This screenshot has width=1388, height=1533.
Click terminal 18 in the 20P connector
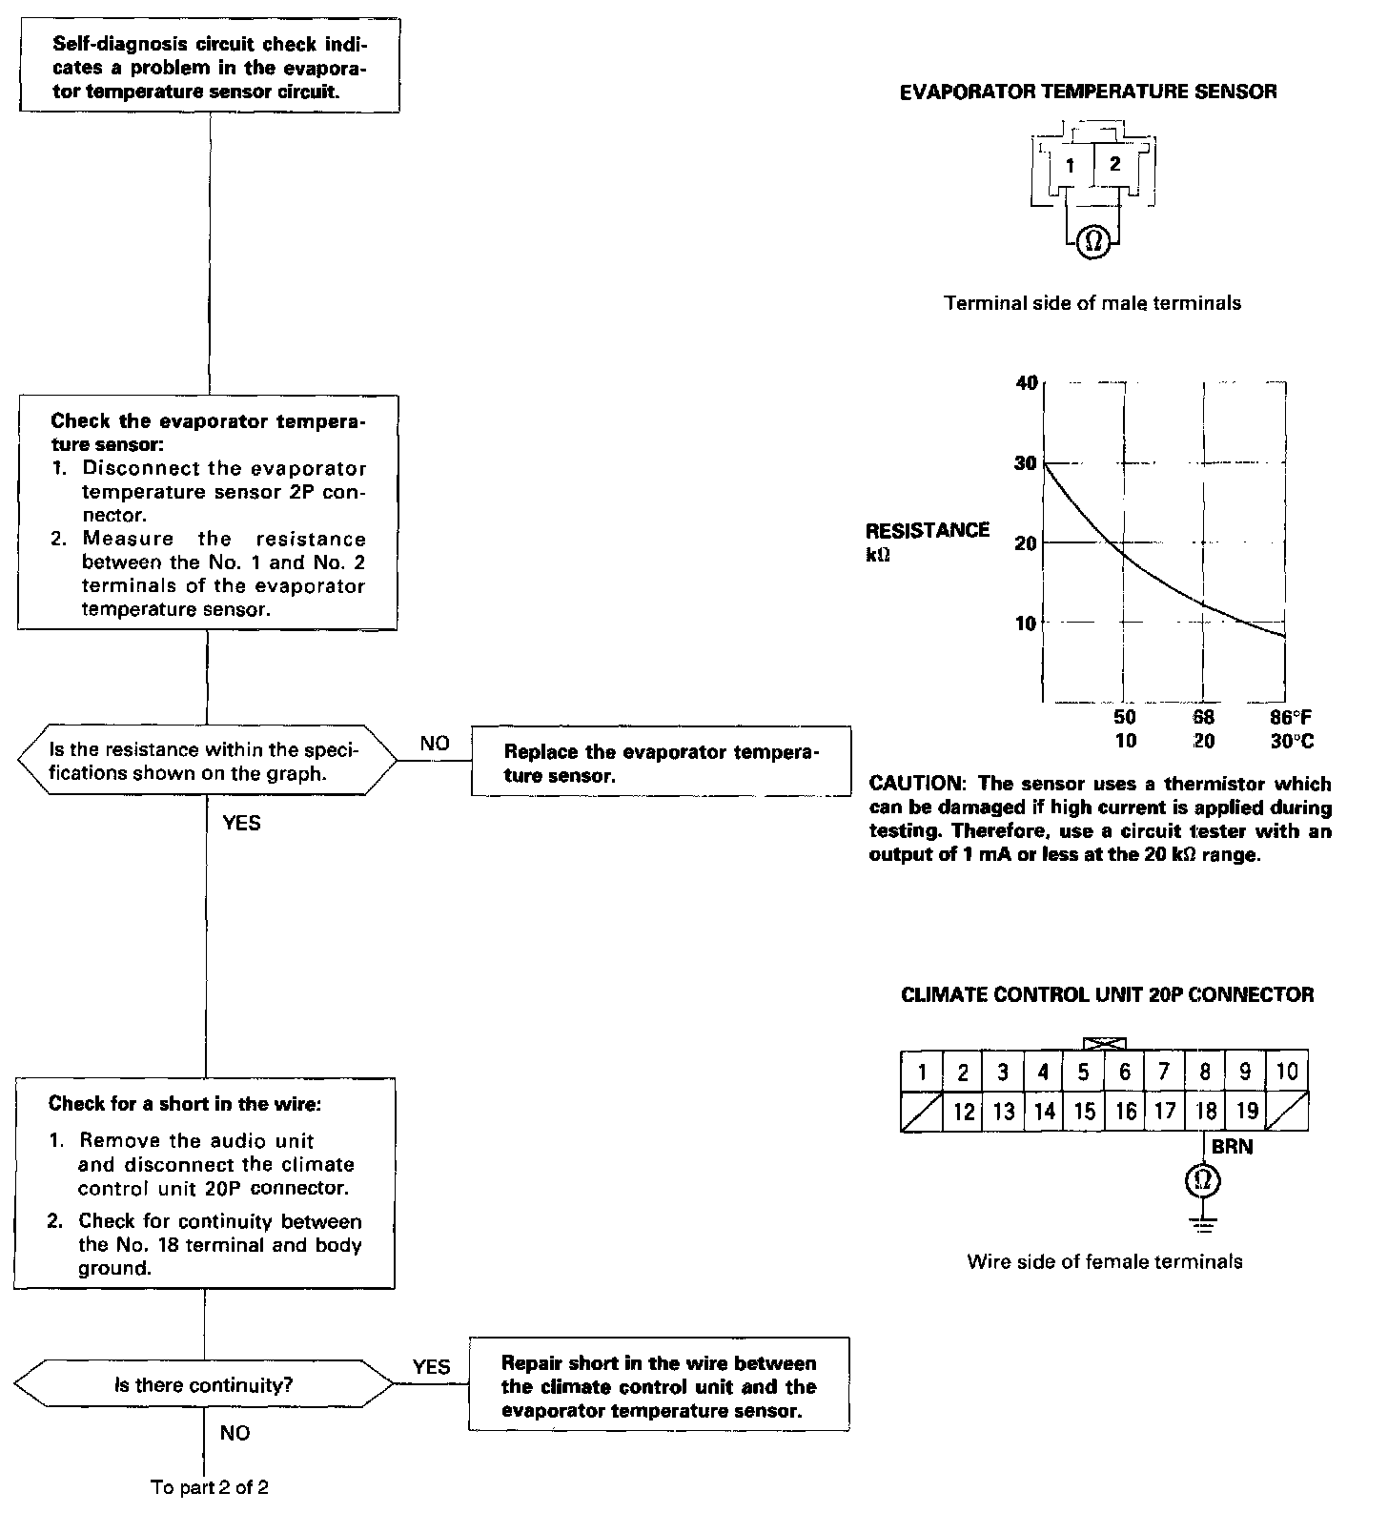tap(1205, 1111)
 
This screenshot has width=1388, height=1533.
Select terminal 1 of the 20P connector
tap(922, 1073)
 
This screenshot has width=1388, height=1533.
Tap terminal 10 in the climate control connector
tap(1287, 1072)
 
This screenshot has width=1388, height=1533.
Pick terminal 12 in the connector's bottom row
tap(964, 1112)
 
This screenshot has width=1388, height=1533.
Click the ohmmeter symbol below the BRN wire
tap(1203, 1181)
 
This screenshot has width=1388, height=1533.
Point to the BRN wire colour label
tap(1232, 1147)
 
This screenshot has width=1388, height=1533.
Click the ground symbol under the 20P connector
tap(1203, 1222)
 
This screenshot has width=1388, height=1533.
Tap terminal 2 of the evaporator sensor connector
tap(1114, 163)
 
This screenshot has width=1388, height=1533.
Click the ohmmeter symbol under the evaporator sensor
tap(1093, 242)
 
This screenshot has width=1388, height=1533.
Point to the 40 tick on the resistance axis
tap(1026, 383)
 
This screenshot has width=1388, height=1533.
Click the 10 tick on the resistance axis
tap(1026, 623)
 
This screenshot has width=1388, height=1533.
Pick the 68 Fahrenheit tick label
tap(1204, 717)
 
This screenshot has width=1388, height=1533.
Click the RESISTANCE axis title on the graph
tap(927, 531)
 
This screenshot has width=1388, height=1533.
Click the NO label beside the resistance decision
tap(434, 744)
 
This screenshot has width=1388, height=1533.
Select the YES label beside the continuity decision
tap(431, 1367)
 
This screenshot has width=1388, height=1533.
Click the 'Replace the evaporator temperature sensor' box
tap(661, 763)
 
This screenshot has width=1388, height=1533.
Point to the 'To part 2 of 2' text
tap(210, 1487)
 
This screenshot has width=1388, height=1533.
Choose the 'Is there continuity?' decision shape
tap(204, 1385)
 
